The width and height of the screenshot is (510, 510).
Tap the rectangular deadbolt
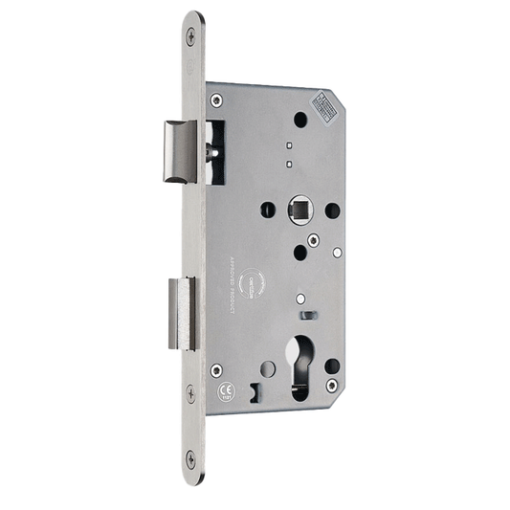tap(182, 313)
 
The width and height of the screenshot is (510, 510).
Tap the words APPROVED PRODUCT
tap(233, 281)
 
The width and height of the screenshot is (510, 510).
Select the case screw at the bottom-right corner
tap(333, 385)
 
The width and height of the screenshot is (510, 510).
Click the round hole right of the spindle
tap(331, 209)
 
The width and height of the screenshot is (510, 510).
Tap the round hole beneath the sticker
tap(299, 121)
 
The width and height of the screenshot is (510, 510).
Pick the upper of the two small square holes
tap(288, 145)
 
